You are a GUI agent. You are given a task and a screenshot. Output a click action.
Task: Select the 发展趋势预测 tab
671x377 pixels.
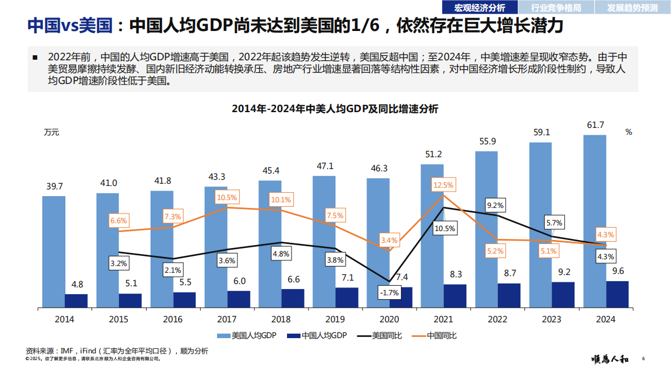coord(632,7)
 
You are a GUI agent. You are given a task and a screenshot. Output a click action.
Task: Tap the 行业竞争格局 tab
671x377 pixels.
coord(555,7)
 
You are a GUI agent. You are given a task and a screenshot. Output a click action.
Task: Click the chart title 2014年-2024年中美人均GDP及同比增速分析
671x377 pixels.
coord(335,109)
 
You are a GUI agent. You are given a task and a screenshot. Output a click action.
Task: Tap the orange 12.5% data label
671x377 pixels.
coord(444,185)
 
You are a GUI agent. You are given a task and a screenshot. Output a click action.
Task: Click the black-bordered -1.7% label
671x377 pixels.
coord(389,293)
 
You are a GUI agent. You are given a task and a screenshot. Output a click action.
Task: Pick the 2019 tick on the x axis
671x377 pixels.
coord(335,319)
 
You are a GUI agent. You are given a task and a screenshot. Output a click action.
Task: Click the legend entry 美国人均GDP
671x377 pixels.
coord(246,336)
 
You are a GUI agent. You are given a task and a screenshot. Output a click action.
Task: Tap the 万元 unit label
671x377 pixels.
coord(51,132)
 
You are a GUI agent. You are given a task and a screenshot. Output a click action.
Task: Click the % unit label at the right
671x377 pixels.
coord(629,132)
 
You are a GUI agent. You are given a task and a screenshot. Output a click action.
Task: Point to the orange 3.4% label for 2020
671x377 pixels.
coord(389,240)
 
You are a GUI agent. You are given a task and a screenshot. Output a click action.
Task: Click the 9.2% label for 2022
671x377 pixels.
coord(495,205)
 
